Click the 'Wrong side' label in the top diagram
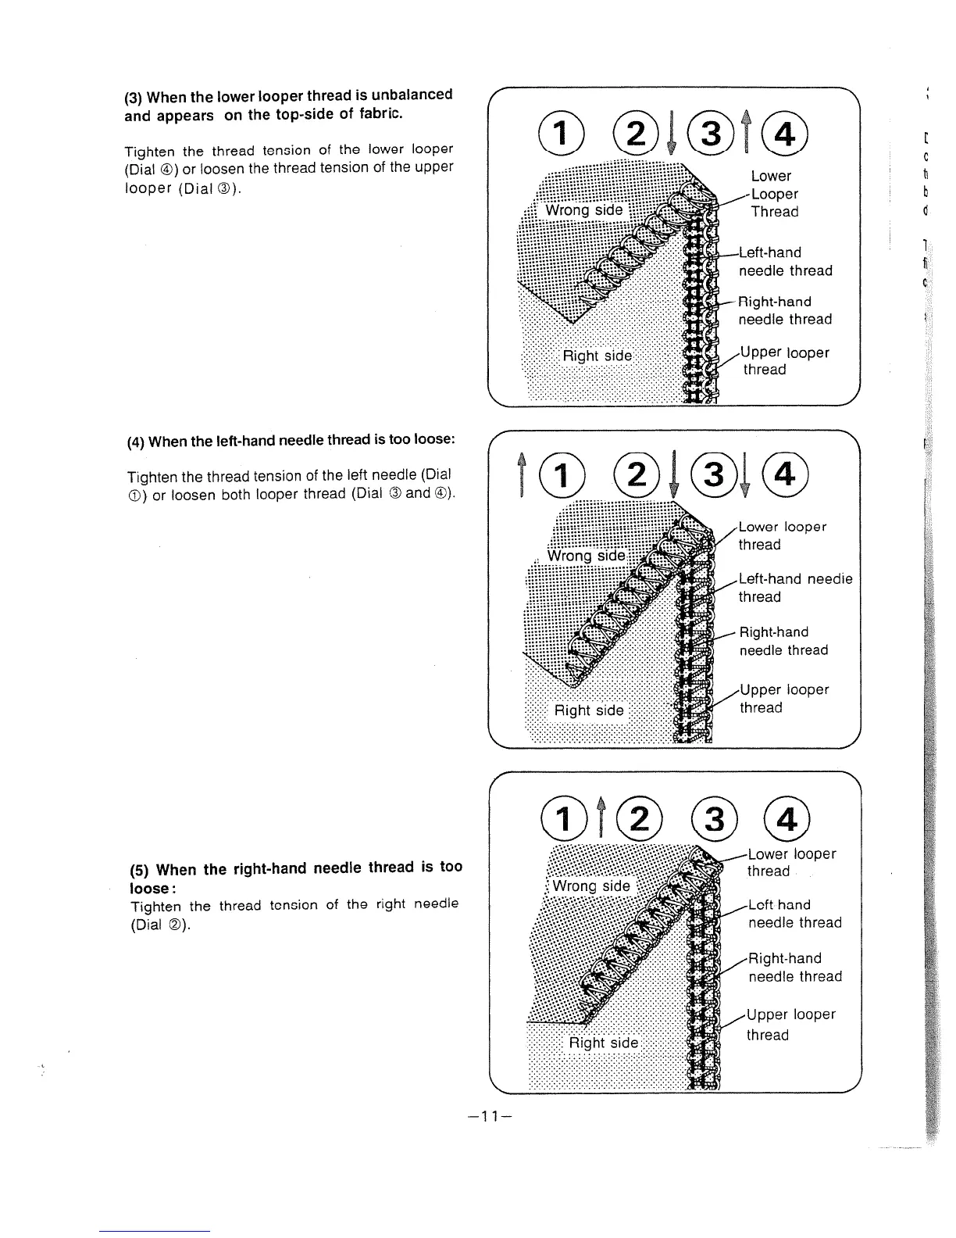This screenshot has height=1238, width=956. pos(583,210)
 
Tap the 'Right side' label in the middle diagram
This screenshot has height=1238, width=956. pos(589,710)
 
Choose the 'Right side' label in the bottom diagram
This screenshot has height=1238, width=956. pos(603,1043)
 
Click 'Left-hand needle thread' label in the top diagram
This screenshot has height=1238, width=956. pos(784,262)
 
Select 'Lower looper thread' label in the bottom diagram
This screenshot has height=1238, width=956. pos(790,862)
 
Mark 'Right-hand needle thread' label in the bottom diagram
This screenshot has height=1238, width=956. pos(794,968)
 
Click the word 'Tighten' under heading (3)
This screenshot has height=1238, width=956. pos(150,151)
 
